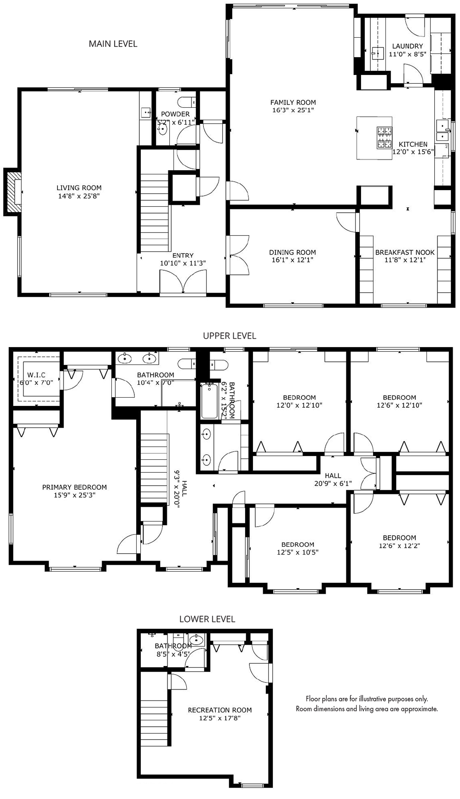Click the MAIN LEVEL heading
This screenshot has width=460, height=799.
[113, 44]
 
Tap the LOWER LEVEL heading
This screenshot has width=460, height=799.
[207, 619]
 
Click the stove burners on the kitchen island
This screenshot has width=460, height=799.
[385, 138]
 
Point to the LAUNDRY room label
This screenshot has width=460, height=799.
[408, 46]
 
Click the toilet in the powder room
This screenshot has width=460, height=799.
[187, 102]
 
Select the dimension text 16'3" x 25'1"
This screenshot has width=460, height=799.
[293, 110]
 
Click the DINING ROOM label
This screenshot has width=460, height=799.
[293, 252]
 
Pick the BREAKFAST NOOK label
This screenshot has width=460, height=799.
[405, 252]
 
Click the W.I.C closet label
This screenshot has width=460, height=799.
[36, 375]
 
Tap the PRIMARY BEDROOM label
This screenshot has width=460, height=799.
[75, 487]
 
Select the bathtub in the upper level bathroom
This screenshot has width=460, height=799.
[210, 401]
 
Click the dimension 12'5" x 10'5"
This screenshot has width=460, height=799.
[298, 552]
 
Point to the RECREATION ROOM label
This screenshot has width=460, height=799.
[220, 710]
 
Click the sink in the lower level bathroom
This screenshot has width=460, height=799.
[197, 639]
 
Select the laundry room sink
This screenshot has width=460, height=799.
[378, 53]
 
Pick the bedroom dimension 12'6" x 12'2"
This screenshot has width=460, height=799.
[399, 546]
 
